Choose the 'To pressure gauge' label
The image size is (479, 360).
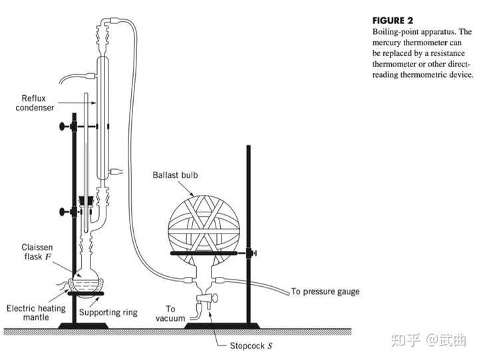coord(325,291)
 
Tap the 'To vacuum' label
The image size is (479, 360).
coord(170,313)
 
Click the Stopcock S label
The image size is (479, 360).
coord(251,345)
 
